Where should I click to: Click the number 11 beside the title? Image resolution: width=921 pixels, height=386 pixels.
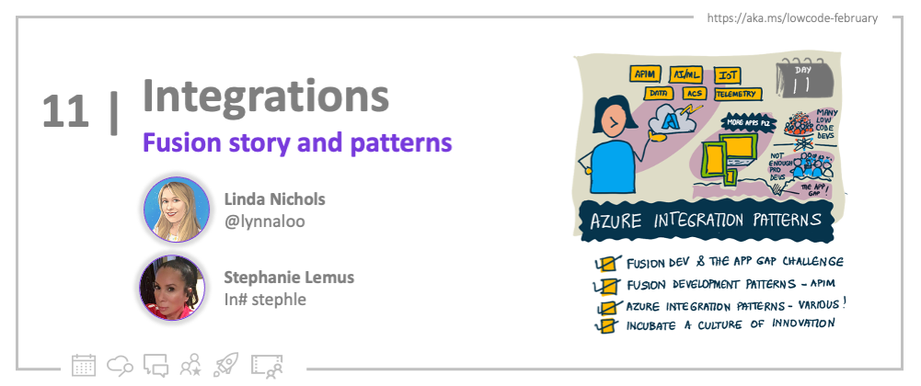tap(65, 111)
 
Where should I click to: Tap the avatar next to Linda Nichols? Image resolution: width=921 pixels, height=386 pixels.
tap(172, 208)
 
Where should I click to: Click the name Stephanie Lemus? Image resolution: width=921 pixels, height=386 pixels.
tap(289, 277)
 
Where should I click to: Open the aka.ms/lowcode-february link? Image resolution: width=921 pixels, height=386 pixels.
tap(791, 18)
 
